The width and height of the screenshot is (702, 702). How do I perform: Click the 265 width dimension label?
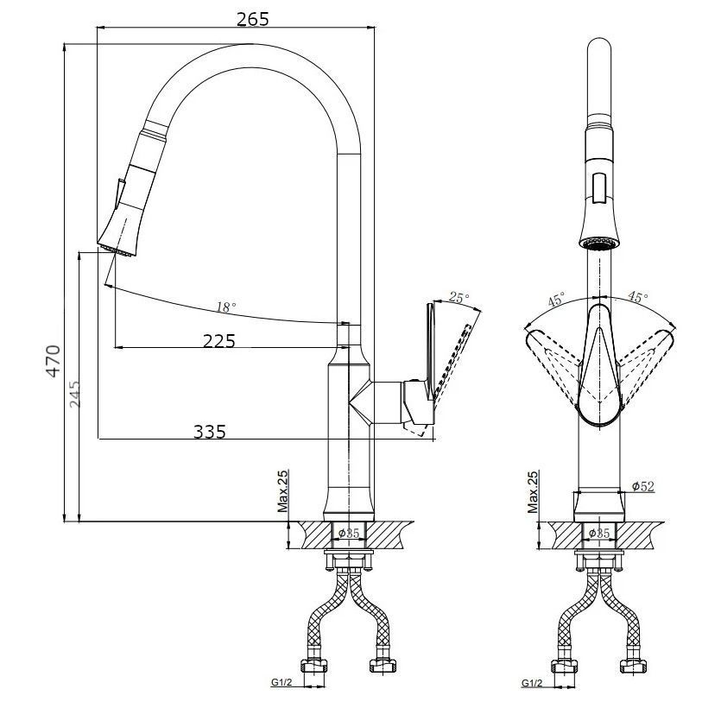tap(252, 19)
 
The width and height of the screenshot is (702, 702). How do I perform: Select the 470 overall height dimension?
tap(54, 361)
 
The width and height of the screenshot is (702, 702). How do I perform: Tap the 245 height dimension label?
tap(75, 394)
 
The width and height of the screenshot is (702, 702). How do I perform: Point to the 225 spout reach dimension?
tap(219, 341)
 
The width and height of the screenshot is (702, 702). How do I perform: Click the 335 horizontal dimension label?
tap(210, 432)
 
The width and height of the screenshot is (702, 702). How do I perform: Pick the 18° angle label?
tap(226, 307)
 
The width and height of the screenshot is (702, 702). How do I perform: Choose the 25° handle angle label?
tap(459, 297)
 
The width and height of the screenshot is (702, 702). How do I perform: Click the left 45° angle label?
tap(556, 299)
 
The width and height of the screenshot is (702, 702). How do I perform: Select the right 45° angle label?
tap(637, 296)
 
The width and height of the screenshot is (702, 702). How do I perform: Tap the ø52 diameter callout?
tap(643, 486)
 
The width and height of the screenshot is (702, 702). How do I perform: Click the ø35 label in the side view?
tap(349, 534)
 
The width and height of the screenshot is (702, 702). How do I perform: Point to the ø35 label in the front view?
tap(599, 534)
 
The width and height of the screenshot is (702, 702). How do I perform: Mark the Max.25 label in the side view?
tap(283, 491)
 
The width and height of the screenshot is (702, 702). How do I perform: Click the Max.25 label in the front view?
tap(533, 491)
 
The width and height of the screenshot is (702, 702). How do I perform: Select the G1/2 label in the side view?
tap(281, 683)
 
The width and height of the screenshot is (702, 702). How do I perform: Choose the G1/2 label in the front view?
tap(532, 683)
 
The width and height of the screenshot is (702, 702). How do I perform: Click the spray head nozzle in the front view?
tap(598, 244)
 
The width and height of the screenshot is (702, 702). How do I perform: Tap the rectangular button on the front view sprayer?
tap(598, 187)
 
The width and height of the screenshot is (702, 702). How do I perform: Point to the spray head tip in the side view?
tap(117, 250)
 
